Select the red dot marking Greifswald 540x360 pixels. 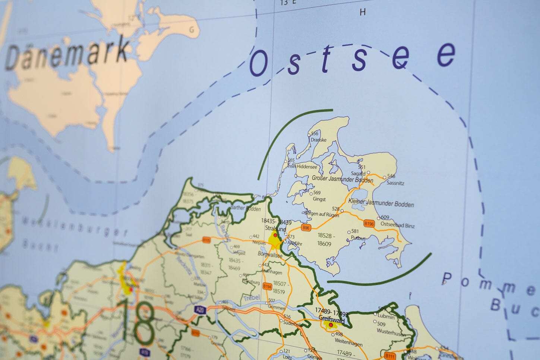tap(331, 325)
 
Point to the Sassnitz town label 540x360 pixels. tap(395, 183)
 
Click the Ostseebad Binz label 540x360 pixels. tap(398, 225)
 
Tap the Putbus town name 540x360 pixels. tap(358, 238)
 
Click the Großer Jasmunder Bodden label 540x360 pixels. tap(342, 179)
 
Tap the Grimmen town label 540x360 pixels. tap(277, 308)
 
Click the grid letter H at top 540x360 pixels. tap(362, 12)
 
